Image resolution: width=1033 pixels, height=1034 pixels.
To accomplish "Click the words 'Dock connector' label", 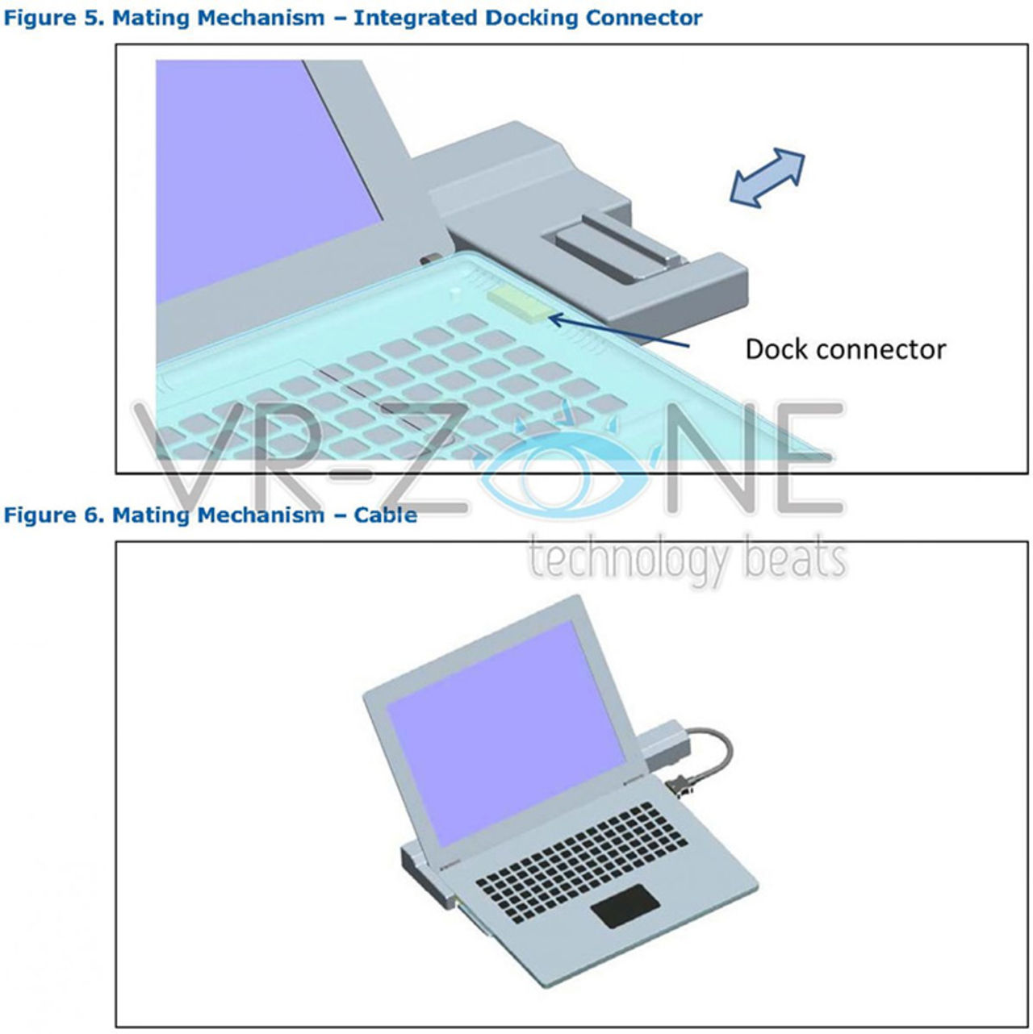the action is click(x=845, y=350).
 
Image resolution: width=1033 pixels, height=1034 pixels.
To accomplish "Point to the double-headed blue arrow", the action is click(x=767, y=177).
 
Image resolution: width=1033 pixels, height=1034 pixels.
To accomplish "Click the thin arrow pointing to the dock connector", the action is click(x=618, y=331).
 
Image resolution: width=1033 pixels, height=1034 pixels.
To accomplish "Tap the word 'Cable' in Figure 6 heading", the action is click(x=385, y=515).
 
